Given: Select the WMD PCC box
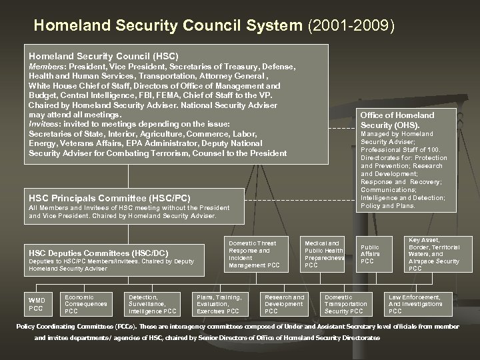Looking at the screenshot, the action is (36, 303).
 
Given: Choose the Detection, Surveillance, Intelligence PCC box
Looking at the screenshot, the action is (152, 303).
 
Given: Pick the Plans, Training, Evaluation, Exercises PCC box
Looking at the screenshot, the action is (218, 303).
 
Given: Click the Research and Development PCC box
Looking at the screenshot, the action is (285, 303).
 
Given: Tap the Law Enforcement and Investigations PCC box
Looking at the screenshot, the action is (415, 303).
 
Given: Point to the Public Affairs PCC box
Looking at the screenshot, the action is (370, 254).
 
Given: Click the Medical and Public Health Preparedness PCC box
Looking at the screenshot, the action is (324, 254).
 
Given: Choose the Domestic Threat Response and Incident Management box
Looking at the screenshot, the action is (252, 254).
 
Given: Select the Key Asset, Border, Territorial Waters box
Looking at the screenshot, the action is (434, 254).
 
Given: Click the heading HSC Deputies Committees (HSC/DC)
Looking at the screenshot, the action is (98, 253).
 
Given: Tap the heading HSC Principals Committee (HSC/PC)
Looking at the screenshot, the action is (109, 198).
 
